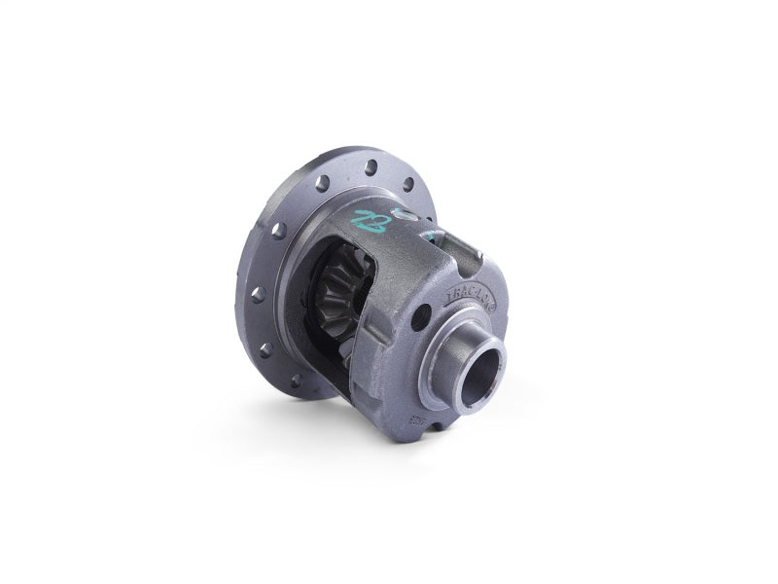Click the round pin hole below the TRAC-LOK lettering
[x=420, y=317]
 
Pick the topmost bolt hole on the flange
[x=371, y=168]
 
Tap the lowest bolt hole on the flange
[x=296, y=382]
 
